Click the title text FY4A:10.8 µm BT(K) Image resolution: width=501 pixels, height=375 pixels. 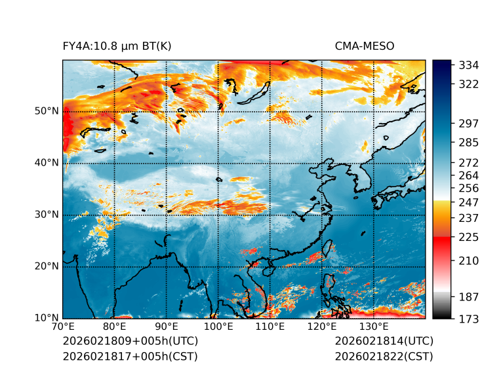[x=117, y=46]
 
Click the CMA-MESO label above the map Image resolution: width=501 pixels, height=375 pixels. [x=365, y=46]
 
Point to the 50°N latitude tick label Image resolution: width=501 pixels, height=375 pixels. [x=47, y=111]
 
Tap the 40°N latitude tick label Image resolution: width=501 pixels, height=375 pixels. [x=47, y=163]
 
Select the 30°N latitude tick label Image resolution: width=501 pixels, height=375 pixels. [x=47, y=215]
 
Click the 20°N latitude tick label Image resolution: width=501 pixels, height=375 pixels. [x=47, y=266]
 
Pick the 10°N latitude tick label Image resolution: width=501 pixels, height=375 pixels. [x=47, y=318]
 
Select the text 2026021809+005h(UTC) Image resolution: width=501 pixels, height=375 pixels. [x=130, y=342]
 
